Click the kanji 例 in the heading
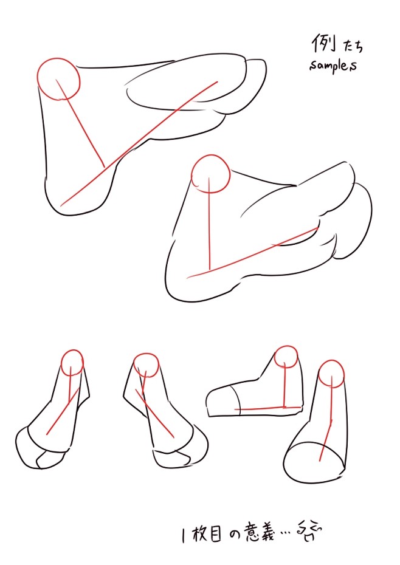[x=323, y=44]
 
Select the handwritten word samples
[x=333, y=66]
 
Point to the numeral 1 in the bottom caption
[x=184, y=536]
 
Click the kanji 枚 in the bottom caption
[x=199, y=534]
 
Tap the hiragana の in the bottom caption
[x=234, y=535]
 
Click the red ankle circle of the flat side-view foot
[x=286, y=357]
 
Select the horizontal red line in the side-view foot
[x=268, y=408]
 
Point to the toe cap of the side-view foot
[x=221, y=401]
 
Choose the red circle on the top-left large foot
[x=58, y=79]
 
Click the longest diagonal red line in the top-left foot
[x=139, y=144]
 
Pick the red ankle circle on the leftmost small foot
[x=72, y=363]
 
